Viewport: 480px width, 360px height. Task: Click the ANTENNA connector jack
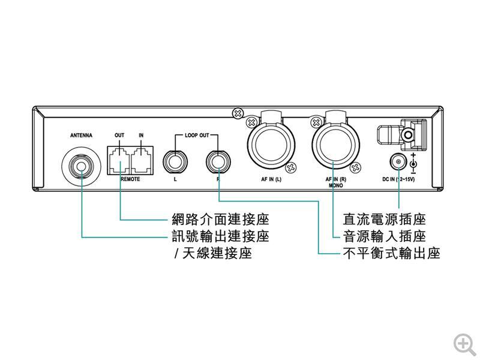tap(81, 163)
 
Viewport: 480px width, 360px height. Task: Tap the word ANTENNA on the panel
tap(81, 136)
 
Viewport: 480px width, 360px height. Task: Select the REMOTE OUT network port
tap(119, 161)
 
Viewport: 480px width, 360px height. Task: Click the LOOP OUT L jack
tap(175, 161)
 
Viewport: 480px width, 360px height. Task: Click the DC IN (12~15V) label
tap(398, 179)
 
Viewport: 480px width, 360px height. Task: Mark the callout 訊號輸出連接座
tap(220, 236)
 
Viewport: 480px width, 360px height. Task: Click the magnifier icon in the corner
tap(464, 343)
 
